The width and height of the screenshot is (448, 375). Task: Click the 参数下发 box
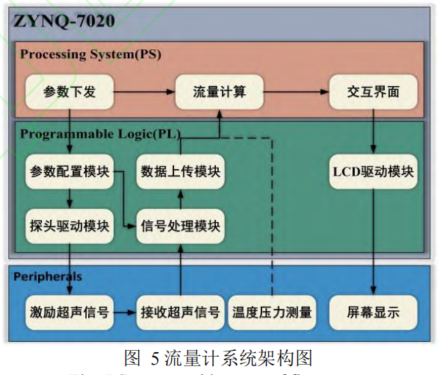click(x=69, y=92)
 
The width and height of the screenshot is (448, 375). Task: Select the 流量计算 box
click(x=219, y=92)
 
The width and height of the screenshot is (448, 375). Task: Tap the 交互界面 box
click(x=374, y=92)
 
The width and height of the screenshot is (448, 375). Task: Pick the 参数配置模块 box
click(x=69, y=172)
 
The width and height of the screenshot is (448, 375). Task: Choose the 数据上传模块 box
click(x=180, y=172)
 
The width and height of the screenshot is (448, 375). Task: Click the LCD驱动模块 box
click(x=374, y=172)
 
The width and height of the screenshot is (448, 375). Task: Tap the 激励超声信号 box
click(x=69, y=312)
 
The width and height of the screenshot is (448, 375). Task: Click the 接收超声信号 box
click(x=180, y=312)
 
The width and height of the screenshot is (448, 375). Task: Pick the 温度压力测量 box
click(x=272, y=312)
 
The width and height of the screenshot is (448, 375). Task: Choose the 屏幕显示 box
click(x=374, y=312)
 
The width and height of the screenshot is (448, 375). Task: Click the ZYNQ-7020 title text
click(x=63, y=21)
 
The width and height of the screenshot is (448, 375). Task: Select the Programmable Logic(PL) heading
click(x=100, y=134)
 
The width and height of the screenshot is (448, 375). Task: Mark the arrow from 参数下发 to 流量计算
click(x=143, y=92)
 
